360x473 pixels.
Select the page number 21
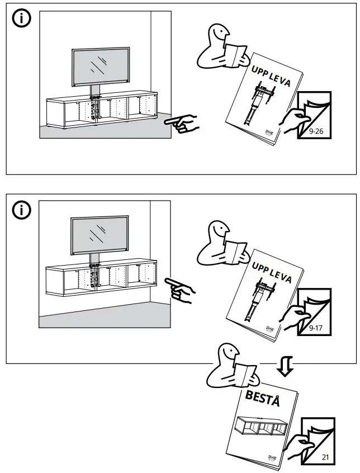(x=325, y=457)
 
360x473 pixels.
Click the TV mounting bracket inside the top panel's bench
(x=94, y=106)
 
